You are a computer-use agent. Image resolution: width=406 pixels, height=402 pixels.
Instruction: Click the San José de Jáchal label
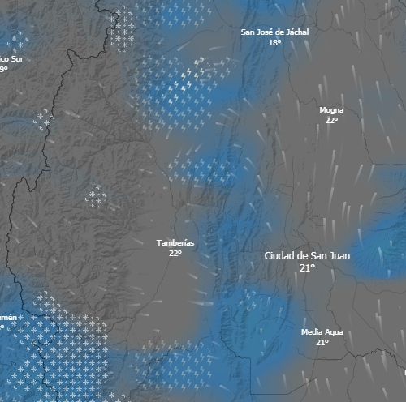click(x=274, y=32)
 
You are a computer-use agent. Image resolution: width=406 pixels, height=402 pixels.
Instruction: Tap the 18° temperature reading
click(x=274, y=42)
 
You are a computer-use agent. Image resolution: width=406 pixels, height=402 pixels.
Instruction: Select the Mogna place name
click(x=331, y=109)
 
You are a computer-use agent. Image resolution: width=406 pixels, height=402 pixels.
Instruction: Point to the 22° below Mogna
click(x=331, y=120)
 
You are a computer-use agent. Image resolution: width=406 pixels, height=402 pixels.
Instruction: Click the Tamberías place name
click(x=175, y=242)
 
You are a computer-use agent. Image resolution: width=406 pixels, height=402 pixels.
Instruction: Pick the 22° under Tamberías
click(x=175, y=253)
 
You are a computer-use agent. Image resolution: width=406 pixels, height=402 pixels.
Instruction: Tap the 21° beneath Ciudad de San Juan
click(x=307, y=267)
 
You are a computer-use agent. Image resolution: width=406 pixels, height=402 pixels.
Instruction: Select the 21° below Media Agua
click(x=322, y=343)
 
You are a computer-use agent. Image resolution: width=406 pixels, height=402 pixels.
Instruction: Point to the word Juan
click(x=339, y=256)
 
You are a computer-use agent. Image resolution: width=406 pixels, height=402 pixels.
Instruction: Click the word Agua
click(x=334, y=332)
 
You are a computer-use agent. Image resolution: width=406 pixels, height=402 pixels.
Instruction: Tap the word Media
click(x=312, y=332)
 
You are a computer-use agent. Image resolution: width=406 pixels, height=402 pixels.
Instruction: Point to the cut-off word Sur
click(x=17, y=59)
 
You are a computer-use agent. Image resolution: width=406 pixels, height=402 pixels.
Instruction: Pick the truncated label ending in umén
click(x=7, y=317)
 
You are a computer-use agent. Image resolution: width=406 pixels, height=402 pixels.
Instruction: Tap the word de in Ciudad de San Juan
click(x=301, y=256)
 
